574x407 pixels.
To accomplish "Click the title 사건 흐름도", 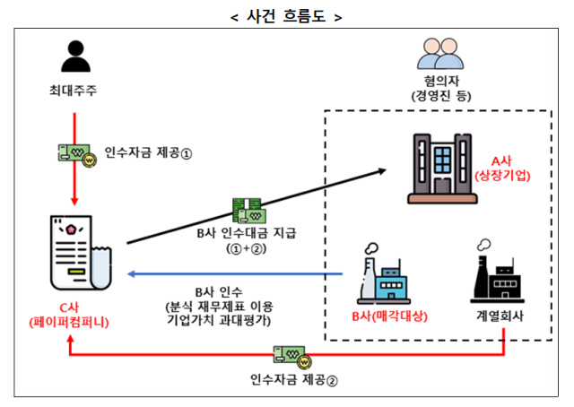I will [286, 16].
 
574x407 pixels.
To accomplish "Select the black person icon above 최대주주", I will [76, 56].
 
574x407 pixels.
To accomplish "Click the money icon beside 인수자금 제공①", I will [75, 154].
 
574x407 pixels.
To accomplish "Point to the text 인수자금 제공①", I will [148, 153].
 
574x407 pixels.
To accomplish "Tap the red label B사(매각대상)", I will [389, 317].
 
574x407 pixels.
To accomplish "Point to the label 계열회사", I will [500, 317].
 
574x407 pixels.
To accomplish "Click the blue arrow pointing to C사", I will [233, 273].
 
